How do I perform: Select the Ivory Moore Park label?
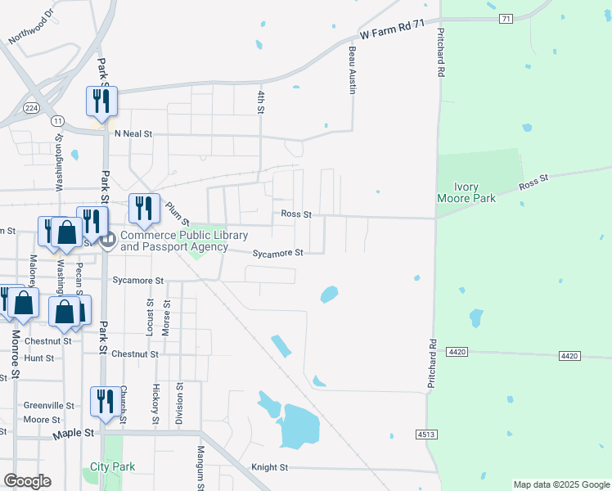tap(465, 192)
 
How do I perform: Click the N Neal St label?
tap(133, 133)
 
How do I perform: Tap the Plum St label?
tap(178, 214)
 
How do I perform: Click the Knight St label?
tap(270, 467)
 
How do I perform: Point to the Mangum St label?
tap(199, 464)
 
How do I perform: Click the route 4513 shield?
tap(425, 435)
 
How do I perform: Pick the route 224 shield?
tap(31, 107)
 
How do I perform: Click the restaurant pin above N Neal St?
tap(101, 101)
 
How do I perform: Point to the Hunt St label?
tap(38, 358)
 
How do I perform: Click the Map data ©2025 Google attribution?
tap(561, 484)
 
